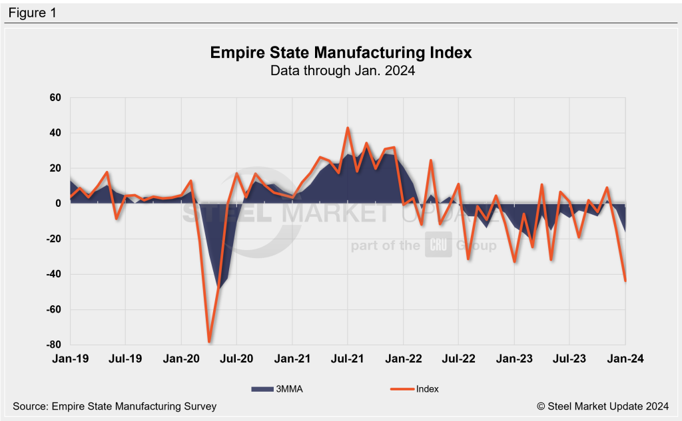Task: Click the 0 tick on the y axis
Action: [58, 204]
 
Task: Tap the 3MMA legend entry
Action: [277, 389]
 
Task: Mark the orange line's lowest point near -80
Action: [209, 342]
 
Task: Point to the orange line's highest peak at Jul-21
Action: [348, 128]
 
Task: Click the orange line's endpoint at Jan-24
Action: [625, 281]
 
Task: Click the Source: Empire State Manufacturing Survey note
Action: [115, 406]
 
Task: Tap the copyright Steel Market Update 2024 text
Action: [603, 406]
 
